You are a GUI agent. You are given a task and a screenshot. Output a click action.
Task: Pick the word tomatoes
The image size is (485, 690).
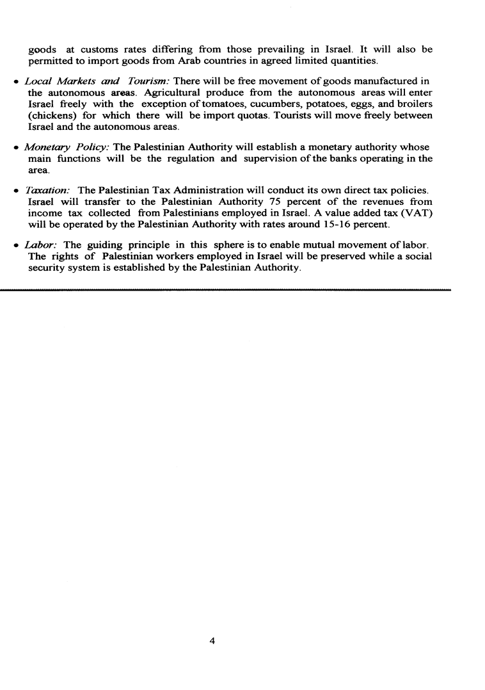coord(214,104)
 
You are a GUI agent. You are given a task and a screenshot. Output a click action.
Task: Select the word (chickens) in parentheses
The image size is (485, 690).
coord(53,115)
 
